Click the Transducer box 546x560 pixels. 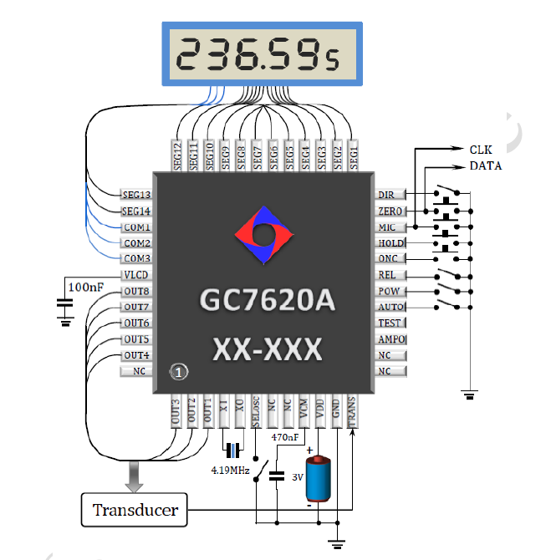pyautogui.click(x=135, y=510)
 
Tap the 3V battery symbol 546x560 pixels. pyautogui.click(x=318, y=478)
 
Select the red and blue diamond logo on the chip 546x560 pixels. pyautogui.click(x=263, y=235)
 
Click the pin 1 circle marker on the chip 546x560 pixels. pyautogui.click(x=179, y=373)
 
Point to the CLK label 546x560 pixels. pyautogui.click(x=481, y=150)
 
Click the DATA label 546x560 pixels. pyautogui.click(x=486, y=165)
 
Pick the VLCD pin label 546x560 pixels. pyautogui.click(x=135, y=275)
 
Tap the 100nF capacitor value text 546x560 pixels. pyautogui.click(x=86, y=287)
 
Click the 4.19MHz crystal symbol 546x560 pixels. pyautogui.click(x=233, y=451)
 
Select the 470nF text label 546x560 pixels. pyautogui.click(x=285, y=437)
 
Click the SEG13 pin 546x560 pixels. pyautogui.click(x=136, y=195)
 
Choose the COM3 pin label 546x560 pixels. pyautogui.click(x=137, y=258)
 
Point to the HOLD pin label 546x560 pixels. pyautogui.click(x=391, y=243)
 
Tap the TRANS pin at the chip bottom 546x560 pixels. pyautogui.click(x=352, y=411)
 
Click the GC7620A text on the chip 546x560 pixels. pyautogui.click(x=268, y=300)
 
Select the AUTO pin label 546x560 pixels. pyautogui.click(x=391, y=307)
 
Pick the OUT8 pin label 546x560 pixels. pyautogui.click(x=136, y=292)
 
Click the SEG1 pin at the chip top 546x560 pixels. pyautogui.click(x=353, y=155)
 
